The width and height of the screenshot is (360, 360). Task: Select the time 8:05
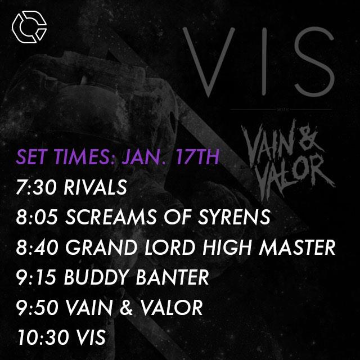[x=33, y=218]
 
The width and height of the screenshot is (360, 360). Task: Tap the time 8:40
[x=33, y=248]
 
